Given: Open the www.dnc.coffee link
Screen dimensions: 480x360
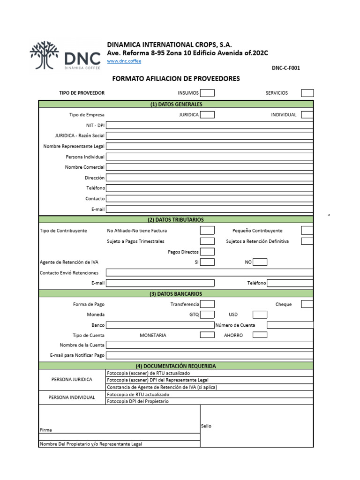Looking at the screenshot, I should tap(124, 61).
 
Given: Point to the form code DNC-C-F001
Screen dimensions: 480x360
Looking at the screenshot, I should tap(285, 68).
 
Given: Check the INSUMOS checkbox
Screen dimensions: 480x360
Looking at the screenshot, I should tap(207, 93).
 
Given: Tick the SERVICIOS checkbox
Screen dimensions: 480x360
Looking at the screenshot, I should tap(307, 93).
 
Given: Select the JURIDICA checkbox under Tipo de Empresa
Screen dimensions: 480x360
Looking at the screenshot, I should tap(207, 114).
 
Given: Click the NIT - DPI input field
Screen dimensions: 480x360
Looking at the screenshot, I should tap(210, 125).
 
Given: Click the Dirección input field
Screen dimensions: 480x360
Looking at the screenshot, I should tap(210, 178).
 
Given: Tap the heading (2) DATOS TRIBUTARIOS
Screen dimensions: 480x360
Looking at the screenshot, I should tap(176, 219).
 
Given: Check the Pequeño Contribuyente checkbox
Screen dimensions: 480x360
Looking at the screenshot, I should tap(307, 231).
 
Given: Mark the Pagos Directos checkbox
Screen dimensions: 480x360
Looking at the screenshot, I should tap(207, 252).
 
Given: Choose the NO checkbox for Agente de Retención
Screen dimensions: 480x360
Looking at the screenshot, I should tap(260, 262).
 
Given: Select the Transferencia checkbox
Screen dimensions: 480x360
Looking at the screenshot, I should tap(207, 304).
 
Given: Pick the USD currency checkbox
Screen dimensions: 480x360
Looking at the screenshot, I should tap(260, 315).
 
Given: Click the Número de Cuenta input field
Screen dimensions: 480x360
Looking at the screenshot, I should tap(290, 325).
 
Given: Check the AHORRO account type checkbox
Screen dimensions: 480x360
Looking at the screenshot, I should tap(260, 335).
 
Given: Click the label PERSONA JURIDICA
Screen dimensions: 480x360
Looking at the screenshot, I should tap(72, 380).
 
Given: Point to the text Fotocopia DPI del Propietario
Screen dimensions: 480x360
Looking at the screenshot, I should tap(138, 401).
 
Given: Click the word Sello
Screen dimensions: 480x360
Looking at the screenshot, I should tap(206, 426).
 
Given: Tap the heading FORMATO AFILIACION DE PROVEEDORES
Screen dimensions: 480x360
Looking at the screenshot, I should tap(176, 79).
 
